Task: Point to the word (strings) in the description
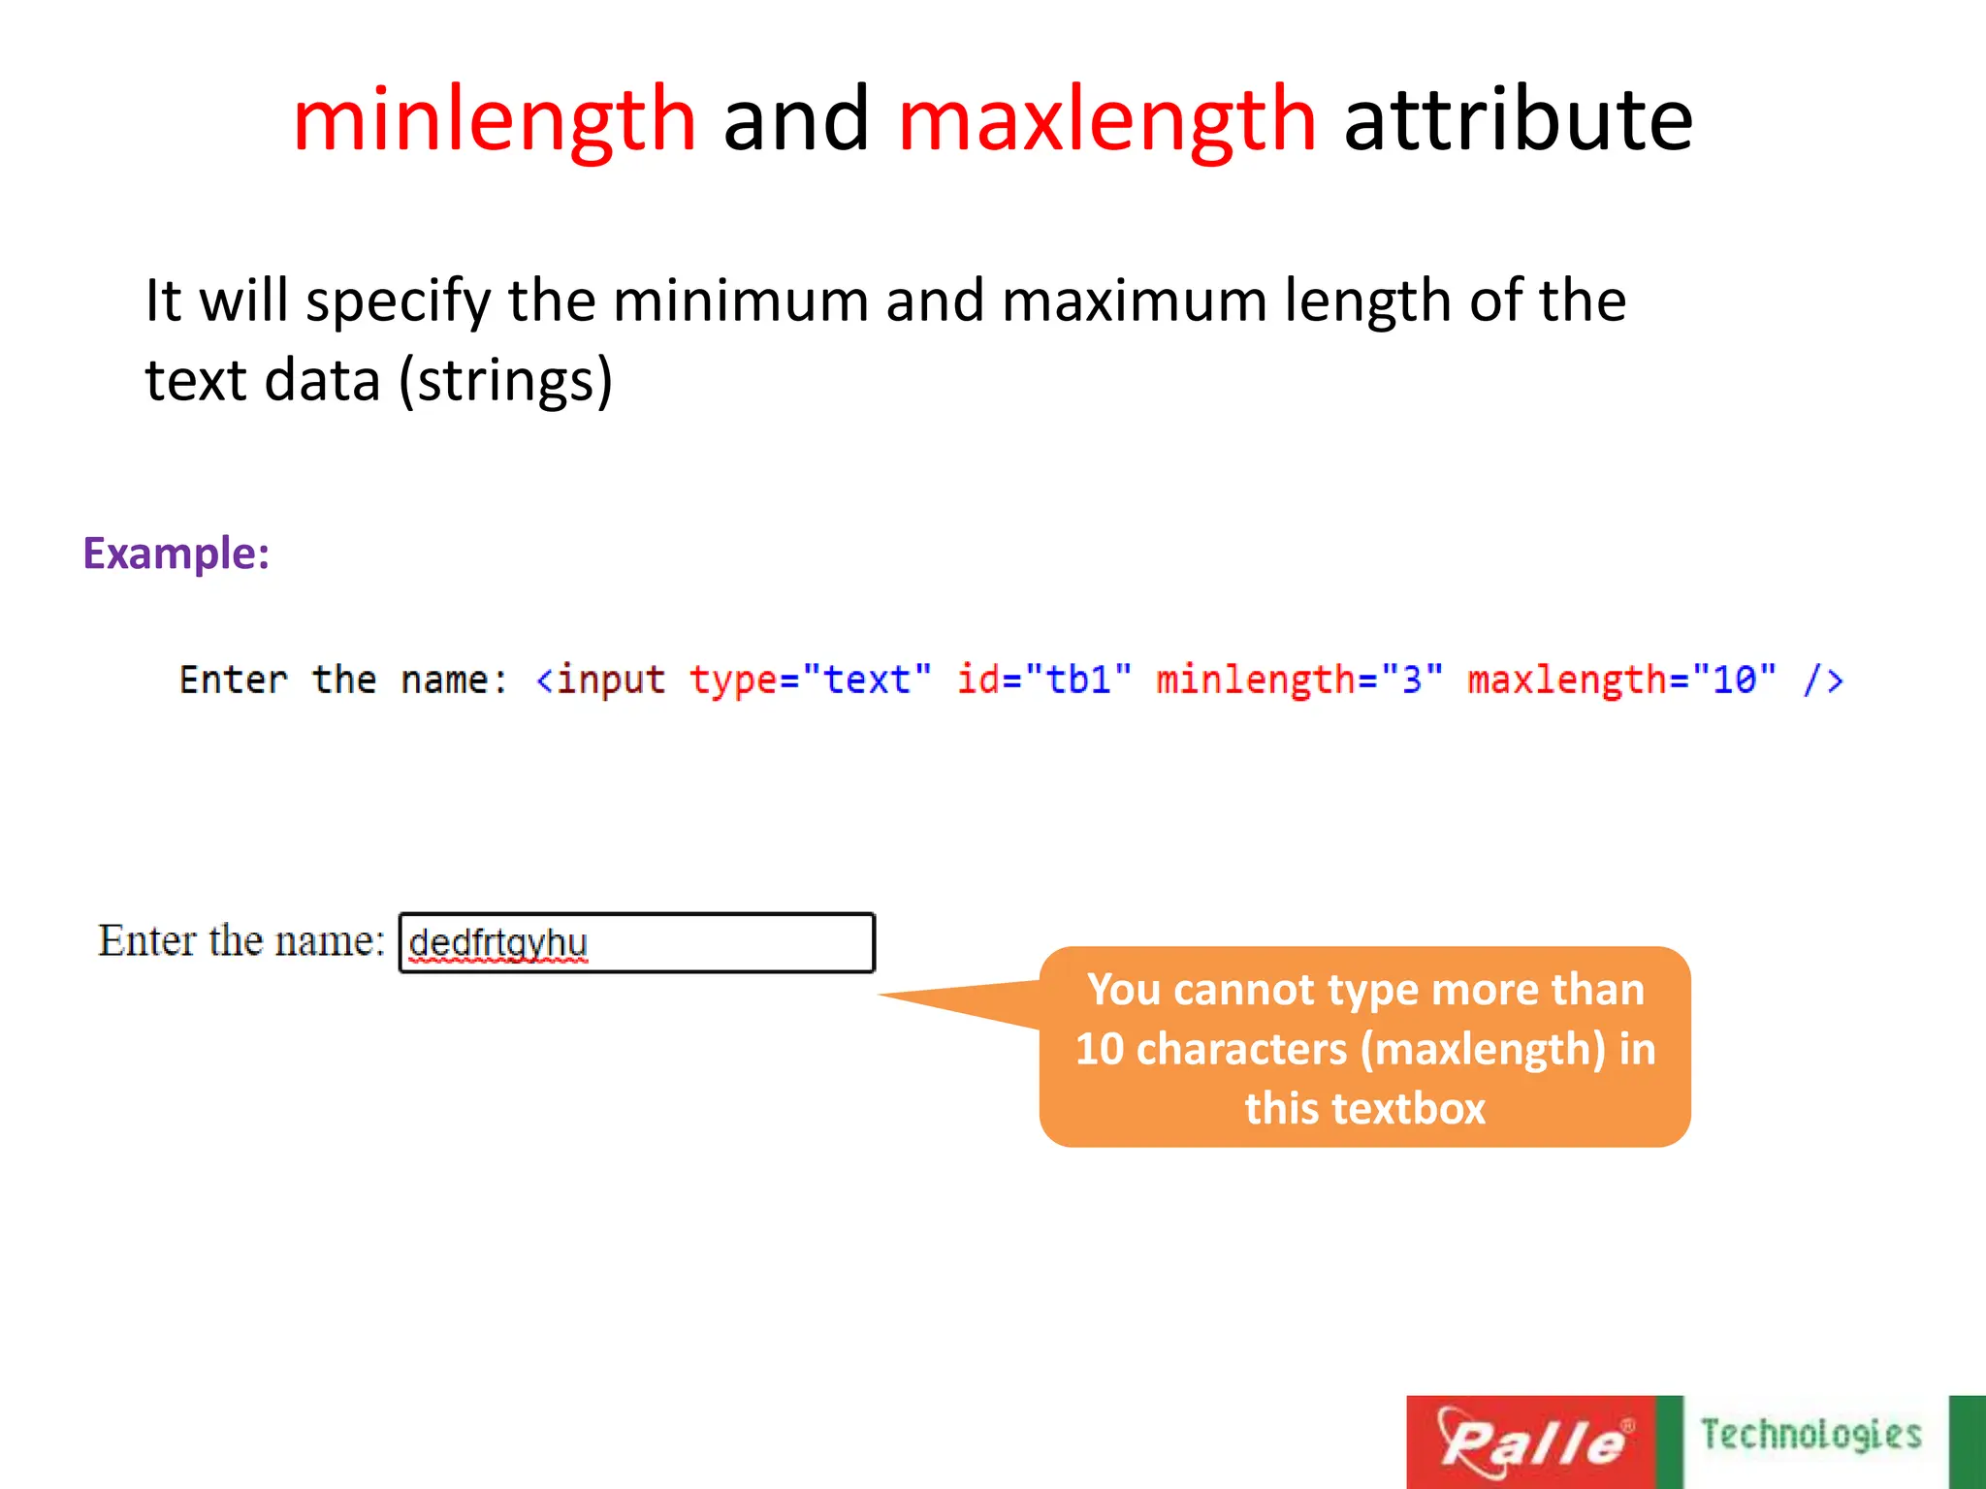(506, 380)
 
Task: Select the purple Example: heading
(176, 554)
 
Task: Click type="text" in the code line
(811, 680)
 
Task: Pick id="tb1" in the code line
(1044, 680)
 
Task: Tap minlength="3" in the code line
(1299, 680)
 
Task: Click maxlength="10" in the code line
(1621, 680)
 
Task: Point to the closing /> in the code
(1823, 680)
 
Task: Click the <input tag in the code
(600, 680)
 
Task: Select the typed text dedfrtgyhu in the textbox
(497, 942)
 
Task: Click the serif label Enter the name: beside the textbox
(241, 940)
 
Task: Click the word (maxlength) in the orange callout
(1483, 1049)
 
